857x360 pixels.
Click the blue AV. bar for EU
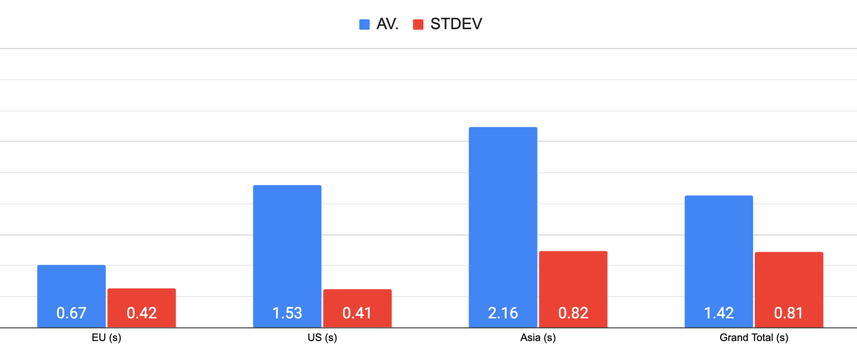71,287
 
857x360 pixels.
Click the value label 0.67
71,313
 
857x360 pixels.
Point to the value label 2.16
503,313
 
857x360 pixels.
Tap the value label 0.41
357,313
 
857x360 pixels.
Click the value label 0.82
573,313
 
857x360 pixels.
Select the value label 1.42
718,313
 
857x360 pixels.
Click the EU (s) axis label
106,338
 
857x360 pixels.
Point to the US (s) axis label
322,338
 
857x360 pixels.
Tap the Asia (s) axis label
538,338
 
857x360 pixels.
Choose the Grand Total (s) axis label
754,338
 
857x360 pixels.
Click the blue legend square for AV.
364,24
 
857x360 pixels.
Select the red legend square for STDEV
418,24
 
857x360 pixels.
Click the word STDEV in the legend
456,24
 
